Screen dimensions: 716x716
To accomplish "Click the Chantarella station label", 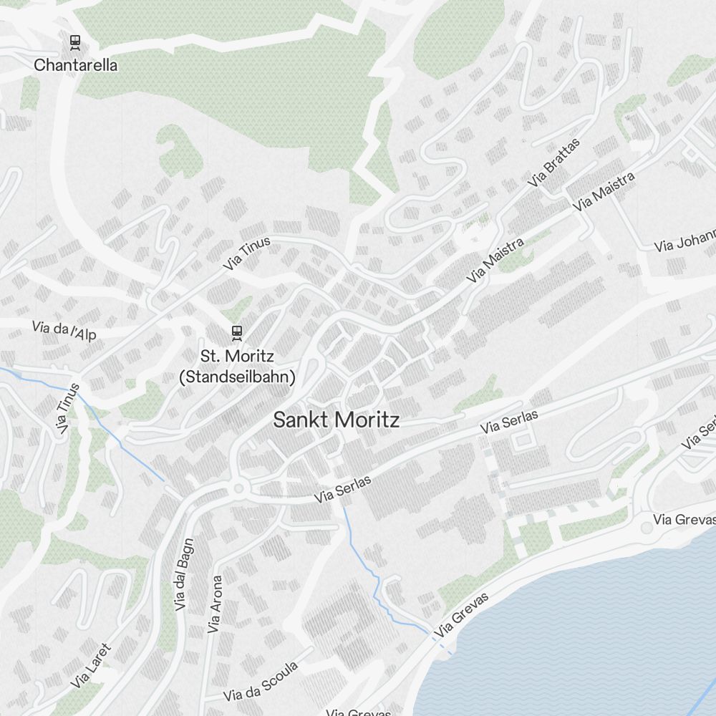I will click(76, 65).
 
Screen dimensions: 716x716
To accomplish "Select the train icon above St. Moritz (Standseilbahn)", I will click(236, 332).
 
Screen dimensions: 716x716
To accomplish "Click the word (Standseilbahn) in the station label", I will click(236, 377).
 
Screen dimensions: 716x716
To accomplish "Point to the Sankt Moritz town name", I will click(336, 420).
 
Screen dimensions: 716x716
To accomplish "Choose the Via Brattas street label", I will click(553, 163).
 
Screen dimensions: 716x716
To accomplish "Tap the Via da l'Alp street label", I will click(64, 329).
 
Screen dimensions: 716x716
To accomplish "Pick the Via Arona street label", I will click(215, 605).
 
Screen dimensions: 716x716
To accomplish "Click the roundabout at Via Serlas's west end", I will click(238, 489).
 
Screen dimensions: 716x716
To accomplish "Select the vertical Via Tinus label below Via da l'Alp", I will click(66, 412).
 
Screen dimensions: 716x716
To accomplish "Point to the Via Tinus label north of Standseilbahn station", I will click(247, 253).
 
